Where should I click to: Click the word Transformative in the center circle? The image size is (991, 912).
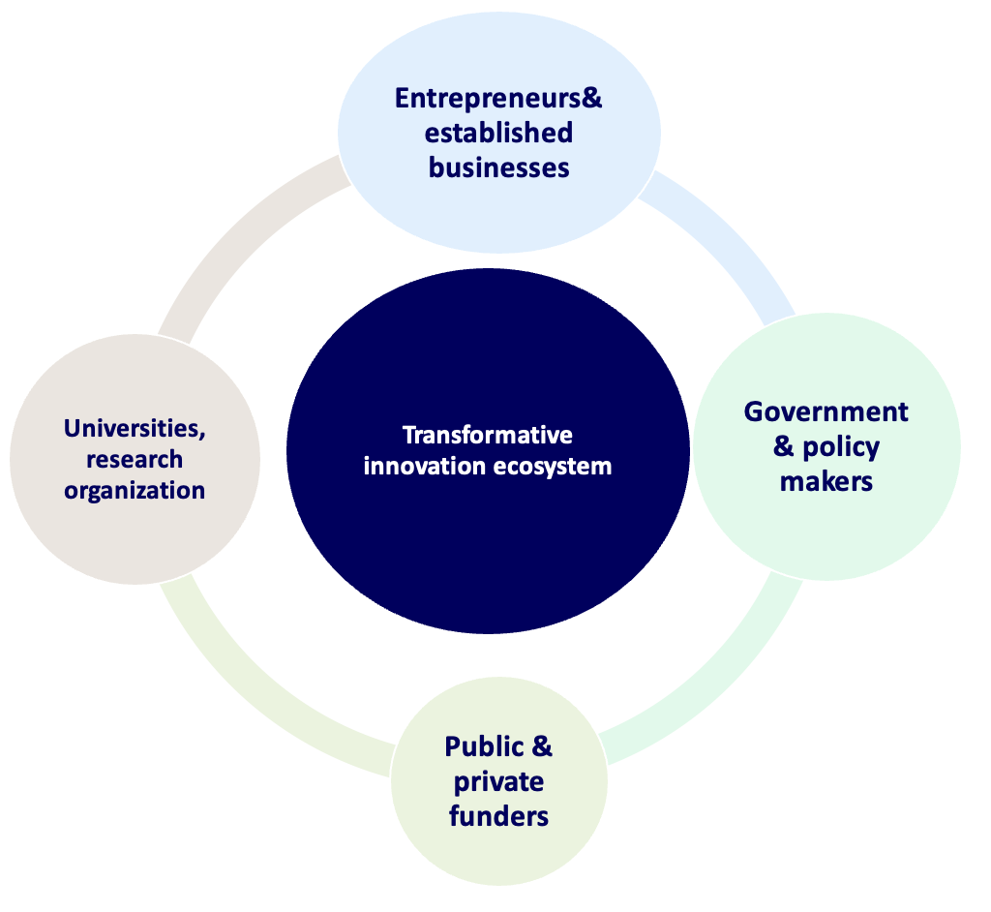487,435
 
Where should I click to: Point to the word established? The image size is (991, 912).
499,133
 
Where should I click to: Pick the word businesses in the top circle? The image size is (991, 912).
499,167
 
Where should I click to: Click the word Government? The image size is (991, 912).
826,411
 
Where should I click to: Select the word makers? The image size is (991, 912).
826,480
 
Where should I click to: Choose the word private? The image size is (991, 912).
498,781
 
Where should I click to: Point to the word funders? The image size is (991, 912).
498,815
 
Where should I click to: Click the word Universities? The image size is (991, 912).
135,427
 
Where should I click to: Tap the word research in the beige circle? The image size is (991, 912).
135,459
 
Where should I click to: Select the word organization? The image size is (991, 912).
135,490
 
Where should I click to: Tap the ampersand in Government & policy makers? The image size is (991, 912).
785,447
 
